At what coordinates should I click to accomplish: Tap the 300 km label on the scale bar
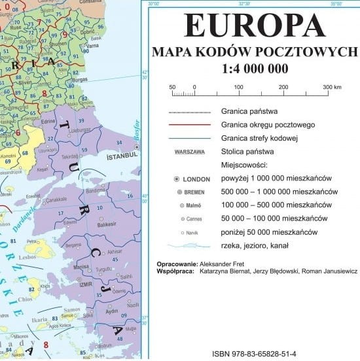point(332,86)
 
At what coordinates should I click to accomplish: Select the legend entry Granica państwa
point(249,111)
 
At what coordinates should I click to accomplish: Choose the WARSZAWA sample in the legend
point(189,152)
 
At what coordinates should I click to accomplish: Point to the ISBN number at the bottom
point(254,354)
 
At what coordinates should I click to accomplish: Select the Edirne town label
point(48,121)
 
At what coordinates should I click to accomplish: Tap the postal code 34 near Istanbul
point(118,142)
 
